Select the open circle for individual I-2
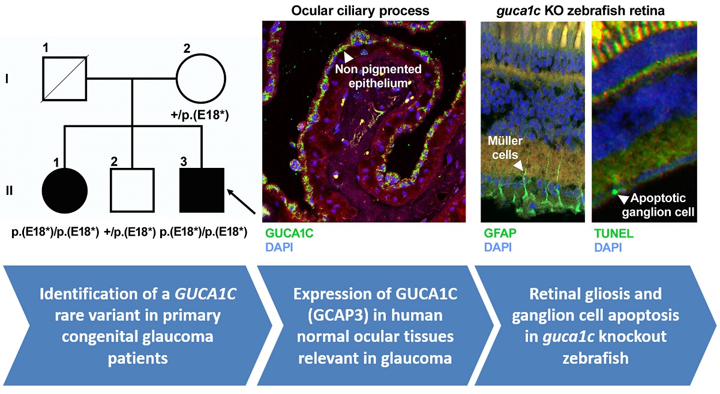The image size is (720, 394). (200, 79)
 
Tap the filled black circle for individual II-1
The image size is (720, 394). (66, 190)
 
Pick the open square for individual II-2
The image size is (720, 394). (133, 190)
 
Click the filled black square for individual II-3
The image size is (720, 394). (202, 190)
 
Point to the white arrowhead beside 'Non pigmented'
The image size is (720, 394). (347, 57)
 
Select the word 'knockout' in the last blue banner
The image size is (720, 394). (637, 336)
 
